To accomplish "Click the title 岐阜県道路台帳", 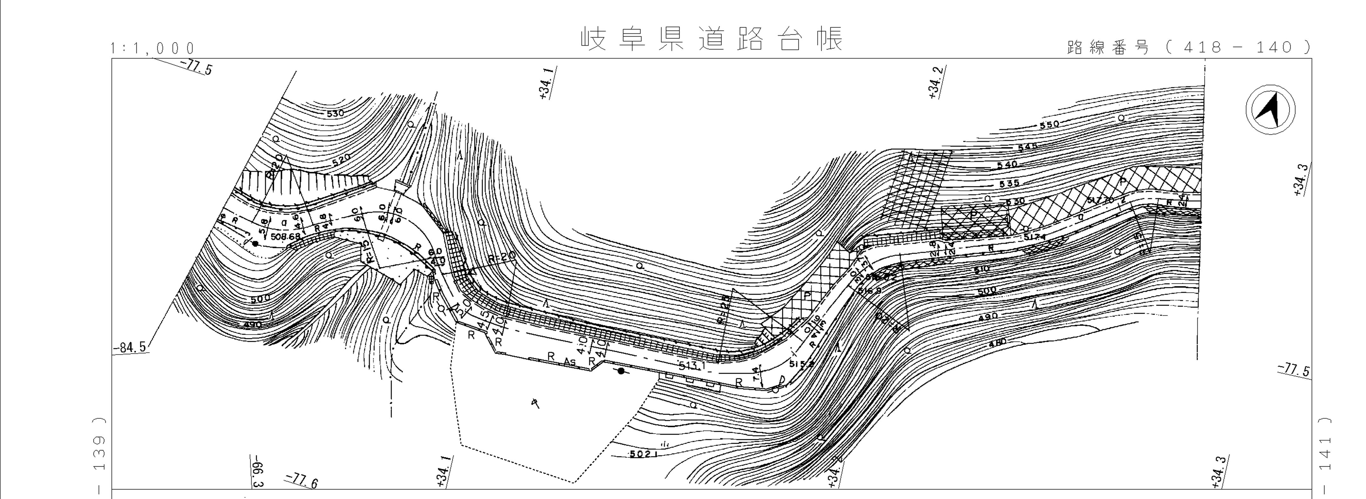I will point(712,39).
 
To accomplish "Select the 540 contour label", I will point(1007,165).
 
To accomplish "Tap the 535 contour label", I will point(1009,183).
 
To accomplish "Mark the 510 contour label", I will point(982,269).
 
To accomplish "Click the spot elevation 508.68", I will point(285,236).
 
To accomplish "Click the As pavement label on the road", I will point(569,362).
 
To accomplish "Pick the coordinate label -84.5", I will point(129,348).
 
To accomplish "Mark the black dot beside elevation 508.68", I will point(255,244).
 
